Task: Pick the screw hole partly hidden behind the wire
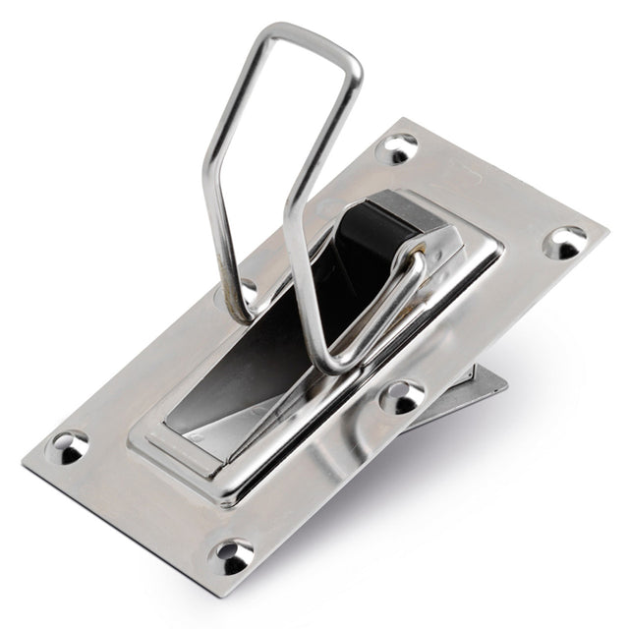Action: tap(245, 290)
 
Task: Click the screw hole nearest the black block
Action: tap(397, 148)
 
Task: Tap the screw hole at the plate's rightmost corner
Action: tap(564, 241)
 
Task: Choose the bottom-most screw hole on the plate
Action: tap(232, 555)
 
